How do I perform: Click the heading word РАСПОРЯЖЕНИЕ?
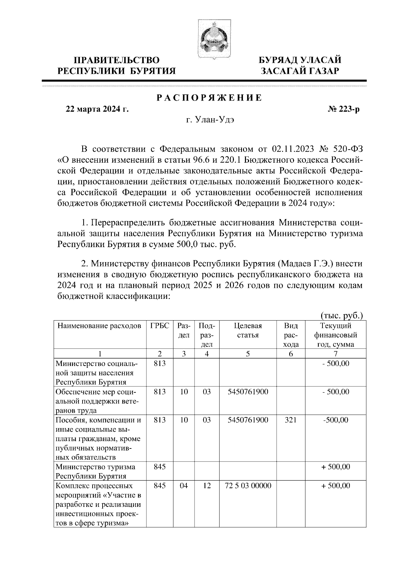[210, 98]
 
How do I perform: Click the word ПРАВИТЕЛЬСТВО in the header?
[117, 60]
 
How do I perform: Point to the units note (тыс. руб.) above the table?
[342, 315]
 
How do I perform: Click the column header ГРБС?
[160, 326]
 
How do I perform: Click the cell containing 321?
[291, 420]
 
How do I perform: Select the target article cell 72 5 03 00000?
[248, 486]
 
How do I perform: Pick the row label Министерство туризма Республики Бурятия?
[95, 471]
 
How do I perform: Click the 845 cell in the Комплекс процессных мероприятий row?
[160, 486]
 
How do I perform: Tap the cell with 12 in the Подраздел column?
[207, 486]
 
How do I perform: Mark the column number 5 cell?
[248, 354]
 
